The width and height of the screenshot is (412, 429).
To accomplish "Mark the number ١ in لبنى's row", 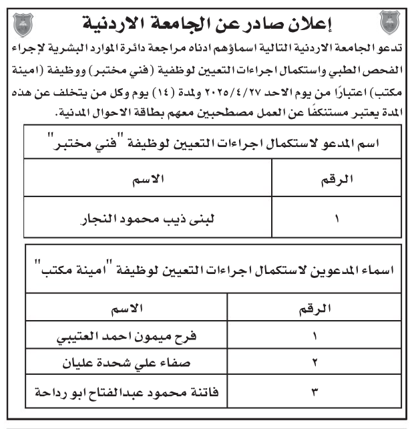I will pyautogui.click(x=337, y=218).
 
